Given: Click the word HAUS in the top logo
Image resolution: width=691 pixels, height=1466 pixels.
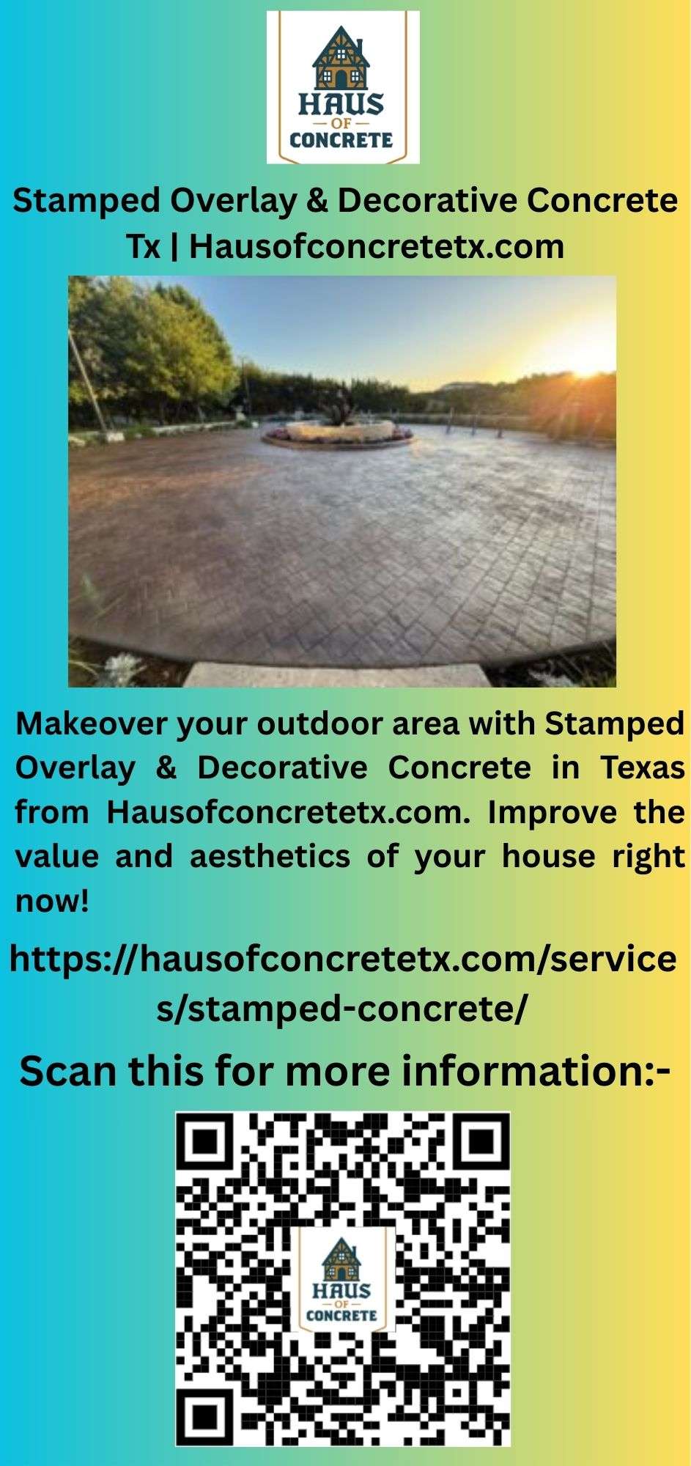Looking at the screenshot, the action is (x=341, y=106).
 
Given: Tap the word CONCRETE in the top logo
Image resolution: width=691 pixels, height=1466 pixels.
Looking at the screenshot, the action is (x=341, y=139).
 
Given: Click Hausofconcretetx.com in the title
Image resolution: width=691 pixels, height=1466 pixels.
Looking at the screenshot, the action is (x=377, y=246).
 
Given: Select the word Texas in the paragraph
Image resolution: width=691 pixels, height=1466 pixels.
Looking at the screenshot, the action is (x=643, y=767).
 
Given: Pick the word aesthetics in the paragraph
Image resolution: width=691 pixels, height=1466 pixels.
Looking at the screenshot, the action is (x=269, y=856).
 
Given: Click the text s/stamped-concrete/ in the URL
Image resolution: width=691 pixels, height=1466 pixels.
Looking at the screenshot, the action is (x=341, y=1009).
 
